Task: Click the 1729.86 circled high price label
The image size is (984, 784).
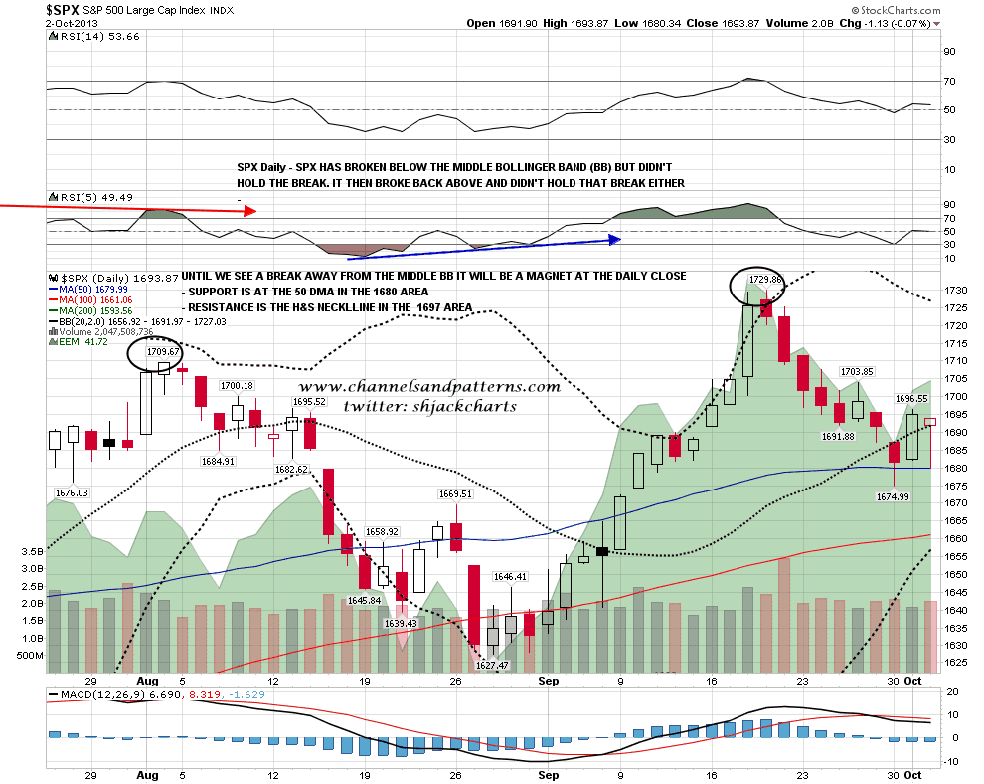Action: point(763,281)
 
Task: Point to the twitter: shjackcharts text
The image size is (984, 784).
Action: point(429,406)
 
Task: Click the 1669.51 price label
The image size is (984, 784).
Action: point(457,492)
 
